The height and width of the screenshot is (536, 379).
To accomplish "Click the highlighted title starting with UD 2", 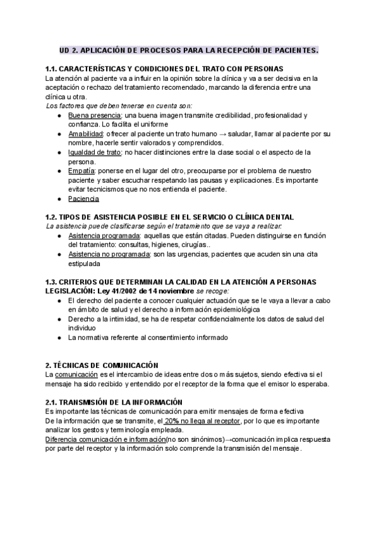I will (x=189, y=49).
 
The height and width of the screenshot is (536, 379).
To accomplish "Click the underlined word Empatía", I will (x=81, y=171).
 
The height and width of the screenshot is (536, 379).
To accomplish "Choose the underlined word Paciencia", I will (x=83, y=198).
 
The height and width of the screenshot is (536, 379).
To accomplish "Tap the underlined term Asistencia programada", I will (x=104, y=236).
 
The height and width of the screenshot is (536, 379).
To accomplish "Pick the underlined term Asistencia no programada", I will (x=109, y=254).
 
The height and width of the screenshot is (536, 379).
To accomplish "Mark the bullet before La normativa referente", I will (x=59, y=338).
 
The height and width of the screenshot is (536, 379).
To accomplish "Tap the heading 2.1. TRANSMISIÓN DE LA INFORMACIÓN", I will (x=114, y=403).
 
